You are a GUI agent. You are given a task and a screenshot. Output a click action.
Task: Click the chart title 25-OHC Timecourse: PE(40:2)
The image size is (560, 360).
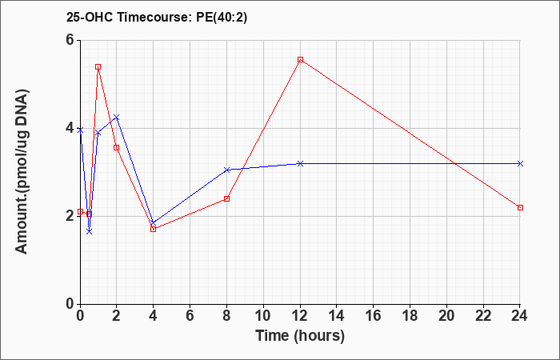tap(157, 18)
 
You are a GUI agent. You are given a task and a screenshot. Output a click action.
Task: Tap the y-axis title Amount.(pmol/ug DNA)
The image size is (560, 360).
tap(22, 171)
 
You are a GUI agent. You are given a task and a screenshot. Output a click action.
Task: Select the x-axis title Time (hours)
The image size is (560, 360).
tap(300, 336)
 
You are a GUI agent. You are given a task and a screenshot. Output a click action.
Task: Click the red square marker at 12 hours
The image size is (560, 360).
tap(300, 60)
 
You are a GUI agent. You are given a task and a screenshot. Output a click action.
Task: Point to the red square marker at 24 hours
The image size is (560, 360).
tap(520, 207)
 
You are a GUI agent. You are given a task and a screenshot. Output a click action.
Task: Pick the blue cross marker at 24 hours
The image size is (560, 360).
tap(520, 163)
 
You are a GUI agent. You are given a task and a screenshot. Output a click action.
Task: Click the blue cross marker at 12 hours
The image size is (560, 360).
tap(300, 163)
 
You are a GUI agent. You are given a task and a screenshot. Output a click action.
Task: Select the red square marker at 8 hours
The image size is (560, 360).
tap(226, 198)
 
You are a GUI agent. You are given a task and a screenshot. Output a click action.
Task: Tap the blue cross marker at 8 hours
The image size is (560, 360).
tap(226, 170)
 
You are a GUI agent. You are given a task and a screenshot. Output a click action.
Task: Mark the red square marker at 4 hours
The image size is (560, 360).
tap(154, 229)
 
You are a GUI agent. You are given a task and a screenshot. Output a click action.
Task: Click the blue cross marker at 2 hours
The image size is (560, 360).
tap(117, 117)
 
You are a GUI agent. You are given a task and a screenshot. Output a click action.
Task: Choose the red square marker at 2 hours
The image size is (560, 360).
tap(117, 147)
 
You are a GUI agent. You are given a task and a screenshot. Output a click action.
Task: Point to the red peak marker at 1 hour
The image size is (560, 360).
tap(98, 66)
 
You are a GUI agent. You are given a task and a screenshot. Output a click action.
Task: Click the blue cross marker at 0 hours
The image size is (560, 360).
tap(80, 130)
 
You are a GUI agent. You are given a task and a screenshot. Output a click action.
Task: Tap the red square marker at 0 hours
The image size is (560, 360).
tap(80, 212)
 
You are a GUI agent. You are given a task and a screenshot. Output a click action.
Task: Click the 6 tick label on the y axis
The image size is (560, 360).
tap(70, 40)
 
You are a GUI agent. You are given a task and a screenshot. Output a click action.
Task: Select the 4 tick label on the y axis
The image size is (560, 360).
tap(70, 128)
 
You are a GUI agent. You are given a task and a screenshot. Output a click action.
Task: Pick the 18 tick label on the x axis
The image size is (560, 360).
tap(410, 316)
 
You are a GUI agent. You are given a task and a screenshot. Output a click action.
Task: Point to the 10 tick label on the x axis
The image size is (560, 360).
tap(263, 316)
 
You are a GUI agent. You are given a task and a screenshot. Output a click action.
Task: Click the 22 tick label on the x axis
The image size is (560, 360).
tap(483, 316)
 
